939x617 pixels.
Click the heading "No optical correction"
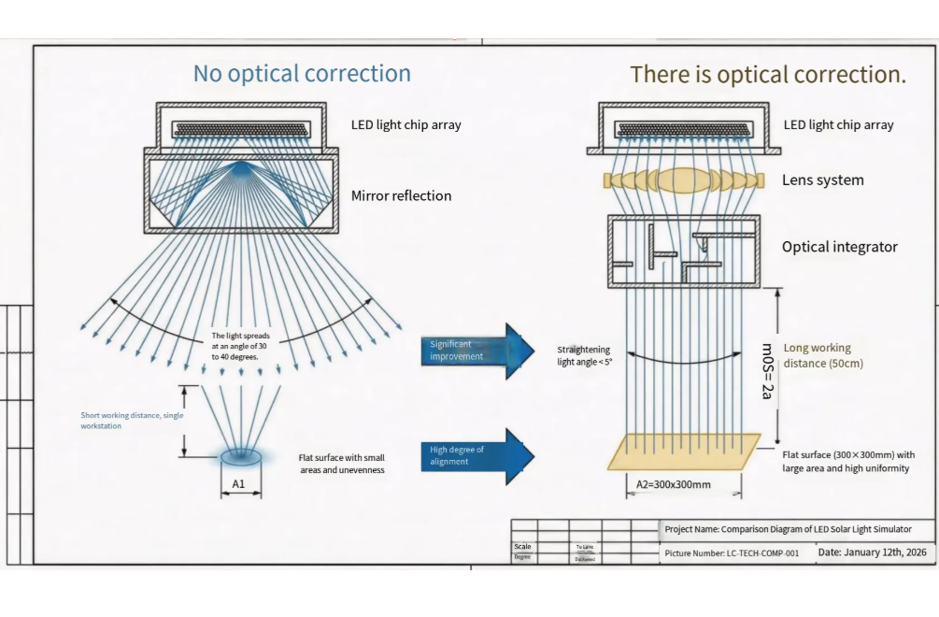[302, 74]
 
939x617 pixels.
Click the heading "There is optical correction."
[767, 75]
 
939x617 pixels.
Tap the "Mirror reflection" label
[401, 195]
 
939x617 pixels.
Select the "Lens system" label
[822, 179]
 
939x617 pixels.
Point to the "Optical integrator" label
[839, 247]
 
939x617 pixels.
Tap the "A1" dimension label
[238, 483]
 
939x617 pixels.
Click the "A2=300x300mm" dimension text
[673, 484]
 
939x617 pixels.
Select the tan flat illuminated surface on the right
[684, 452]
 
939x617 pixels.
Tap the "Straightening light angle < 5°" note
[585, 355]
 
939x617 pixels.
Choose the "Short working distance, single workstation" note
[132, 420]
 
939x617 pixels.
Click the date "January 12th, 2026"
[885, 552]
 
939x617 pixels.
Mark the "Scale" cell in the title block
[522, 547]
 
